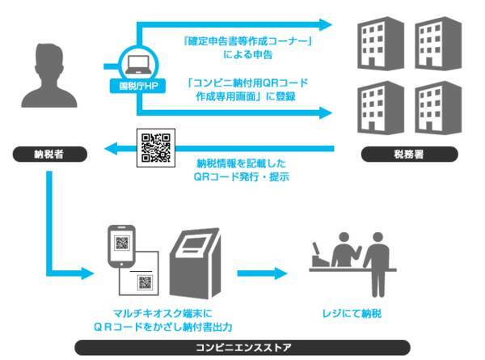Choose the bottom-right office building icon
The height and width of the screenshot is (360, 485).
pos(436,106)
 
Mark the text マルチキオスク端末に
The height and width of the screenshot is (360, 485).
pos(159,311)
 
